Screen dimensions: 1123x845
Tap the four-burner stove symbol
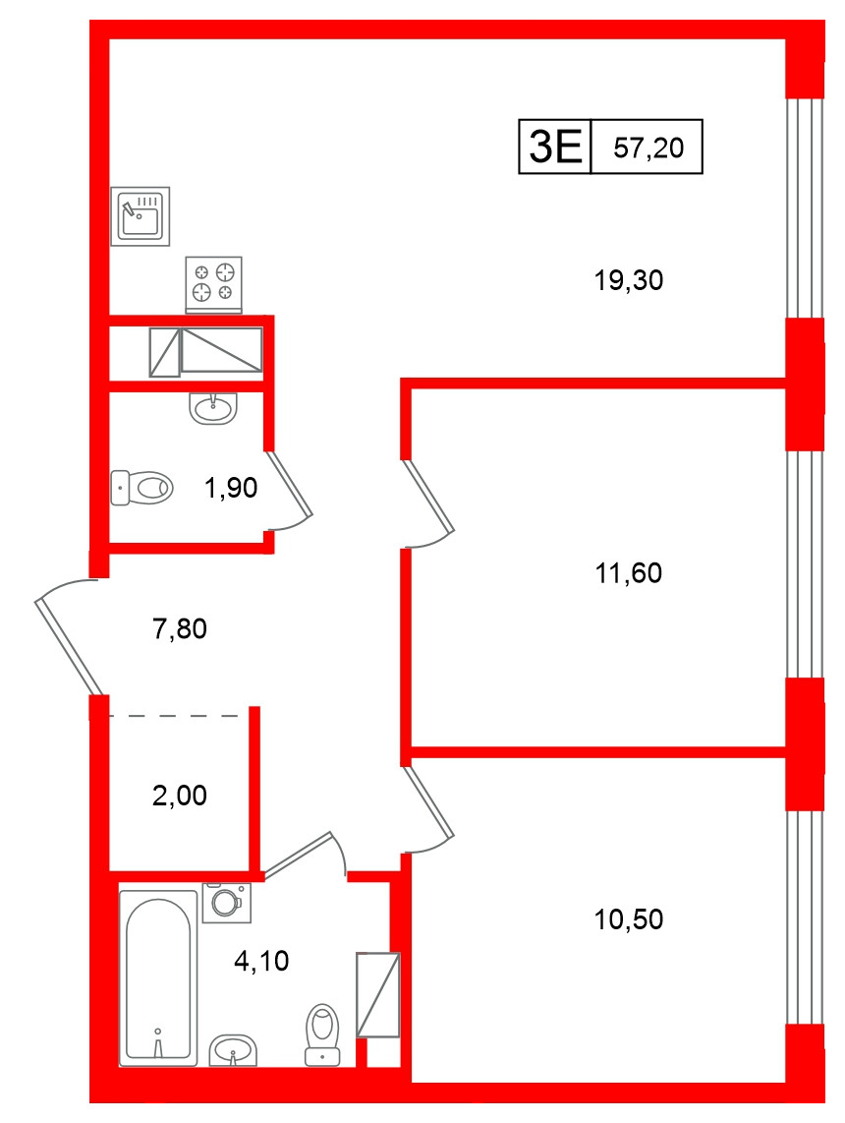tap(213, 282)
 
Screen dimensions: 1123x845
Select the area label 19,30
tap(629, 281)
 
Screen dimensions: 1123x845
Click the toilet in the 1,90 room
tap(141, 486)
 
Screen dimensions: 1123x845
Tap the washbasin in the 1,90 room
tap(212, 407)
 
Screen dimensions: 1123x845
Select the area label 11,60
tap(629, 572)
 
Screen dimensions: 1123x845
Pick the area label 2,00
tap(180, 795)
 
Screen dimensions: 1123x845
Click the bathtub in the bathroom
tap(158, 976)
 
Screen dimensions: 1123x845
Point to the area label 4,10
tap(261, 961)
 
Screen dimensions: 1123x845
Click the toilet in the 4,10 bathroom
tap(323, 1034)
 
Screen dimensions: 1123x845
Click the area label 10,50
tap(629, 920)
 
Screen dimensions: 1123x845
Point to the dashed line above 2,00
tap(177, 715)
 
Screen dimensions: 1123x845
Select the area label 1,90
tap(231, 487)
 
